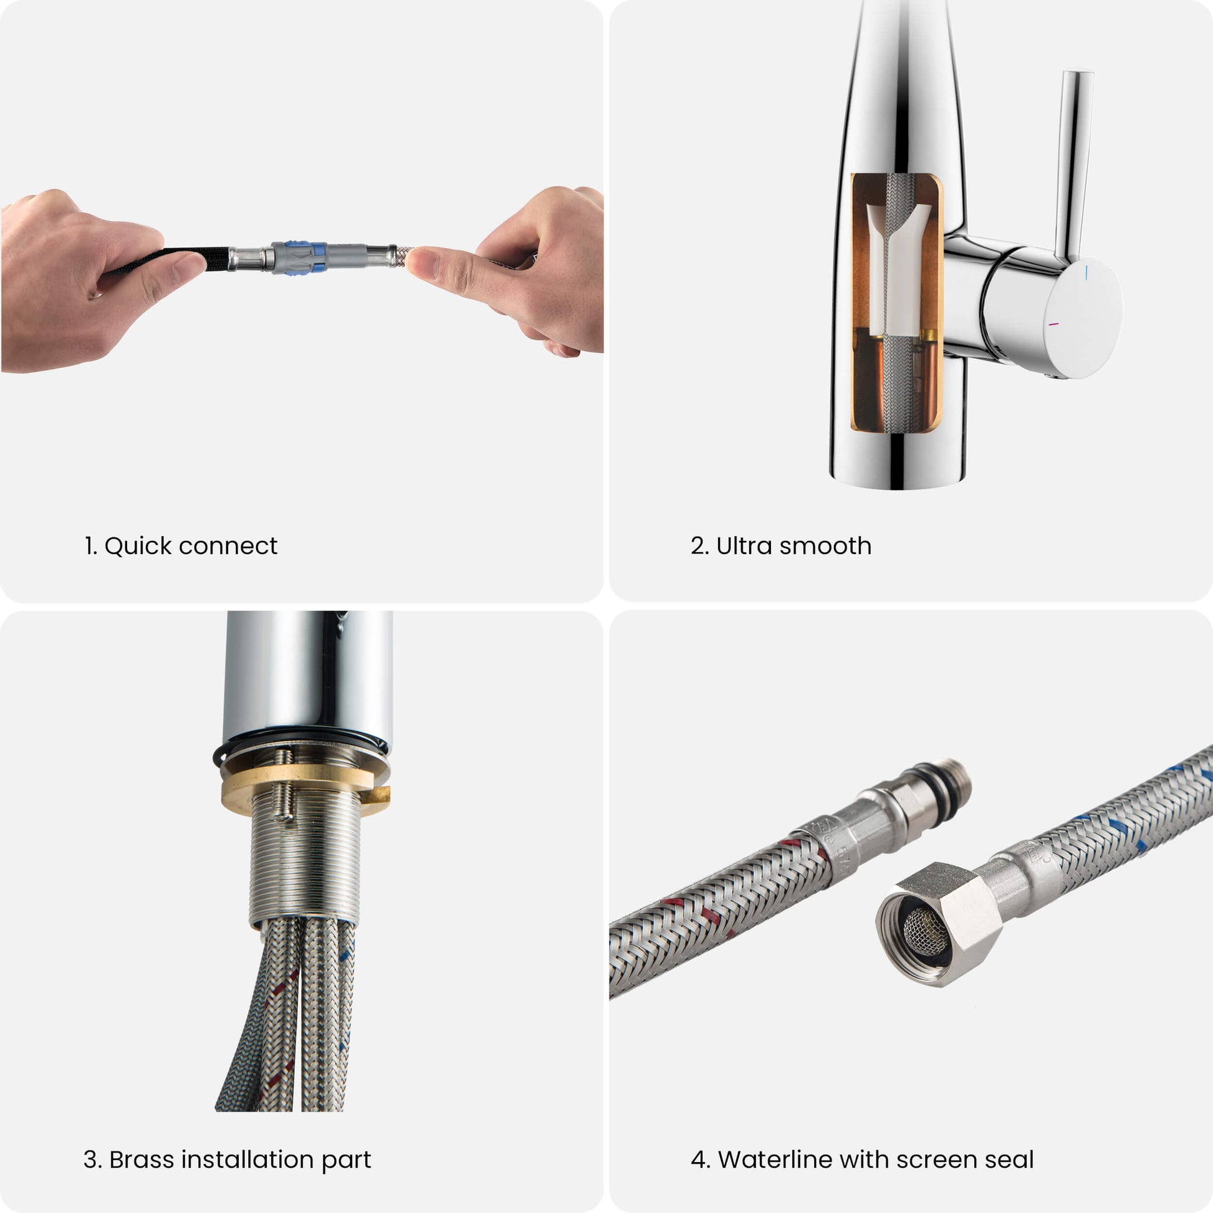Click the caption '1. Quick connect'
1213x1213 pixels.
coord(181,546)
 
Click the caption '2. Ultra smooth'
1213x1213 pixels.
coord(781,546)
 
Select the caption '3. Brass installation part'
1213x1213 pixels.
coord(228,1159)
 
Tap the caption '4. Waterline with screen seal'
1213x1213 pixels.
coord(862,1159)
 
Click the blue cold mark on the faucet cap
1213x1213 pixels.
coord(1087,272)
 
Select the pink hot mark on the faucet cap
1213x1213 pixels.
coord(1054,325)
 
